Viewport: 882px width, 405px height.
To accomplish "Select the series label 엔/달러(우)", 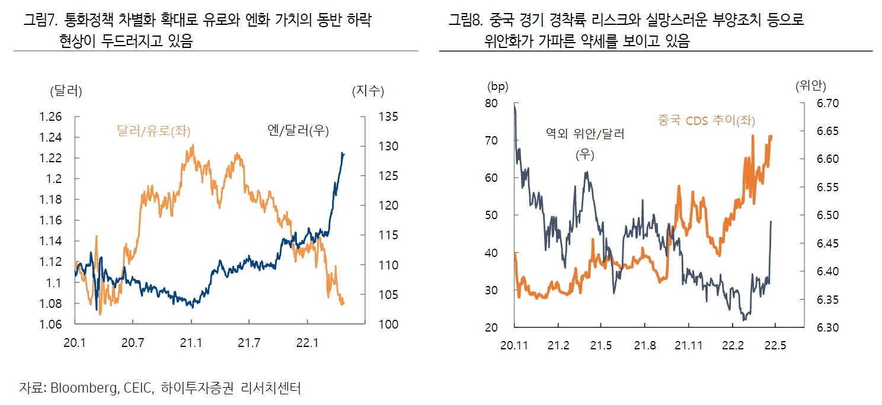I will pyautogui.click(x=298, y=130).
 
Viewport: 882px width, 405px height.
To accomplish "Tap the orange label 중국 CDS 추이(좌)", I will pyautogui.click(x=706, y=120).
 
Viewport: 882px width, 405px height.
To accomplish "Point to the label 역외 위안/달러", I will pyautogui.click(x=584, y=134).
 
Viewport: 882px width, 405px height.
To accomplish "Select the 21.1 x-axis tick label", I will pyautogui.click(x=191, y=343).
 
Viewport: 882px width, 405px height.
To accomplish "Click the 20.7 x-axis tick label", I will pyautogui.click(x=133, y=343).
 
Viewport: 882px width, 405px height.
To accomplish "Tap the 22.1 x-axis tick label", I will pyautogui.click(x=308, y=343).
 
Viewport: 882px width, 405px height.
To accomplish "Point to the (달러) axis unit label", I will pyautogui.click(x=66, y=91).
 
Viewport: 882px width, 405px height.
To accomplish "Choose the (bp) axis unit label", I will pyautogui.click(x=498, y=86).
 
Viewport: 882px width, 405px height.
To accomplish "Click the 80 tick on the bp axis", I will pyautogui.click(x=492, y=104).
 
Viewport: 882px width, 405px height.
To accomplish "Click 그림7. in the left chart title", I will pyautogui.click(x=39, y=21).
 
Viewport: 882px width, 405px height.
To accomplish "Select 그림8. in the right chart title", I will pyautogui.click(x=466, y=21).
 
